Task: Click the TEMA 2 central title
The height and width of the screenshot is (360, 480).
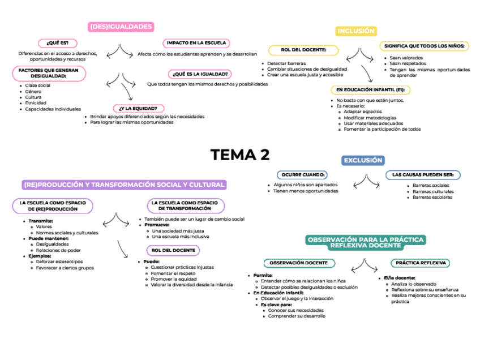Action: (240, 155)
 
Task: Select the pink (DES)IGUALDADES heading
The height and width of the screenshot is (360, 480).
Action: (122, 27)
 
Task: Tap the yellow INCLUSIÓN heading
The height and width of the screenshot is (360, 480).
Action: (356, 31)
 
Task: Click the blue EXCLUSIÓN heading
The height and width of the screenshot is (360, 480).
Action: (363, 161)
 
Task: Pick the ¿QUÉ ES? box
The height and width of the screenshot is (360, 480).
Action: (57, 43)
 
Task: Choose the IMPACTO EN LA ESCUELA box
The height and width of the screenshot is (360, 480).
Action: (196, 43)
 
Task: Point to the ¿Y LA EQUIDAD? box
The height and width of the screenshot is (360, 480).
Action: (139, 108)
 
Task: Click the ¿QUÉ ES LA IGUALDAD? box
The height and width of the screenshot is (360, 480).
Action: (199, 74)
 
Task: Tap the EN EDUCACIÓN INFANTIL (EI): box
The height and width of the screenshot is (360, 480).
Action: (371, 89)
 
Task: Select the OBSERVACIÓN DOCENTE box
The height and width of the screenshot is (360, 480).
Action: (298, 263)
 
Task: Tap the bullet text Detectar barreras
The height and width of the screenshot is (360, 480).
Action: (286, 63)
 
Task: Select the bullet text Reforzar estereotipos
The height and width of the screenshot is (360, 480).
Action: (59, 262)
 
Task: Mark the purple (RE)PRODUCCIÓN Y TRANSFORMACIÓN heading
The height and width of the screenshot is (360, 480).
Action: (125, 185)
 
